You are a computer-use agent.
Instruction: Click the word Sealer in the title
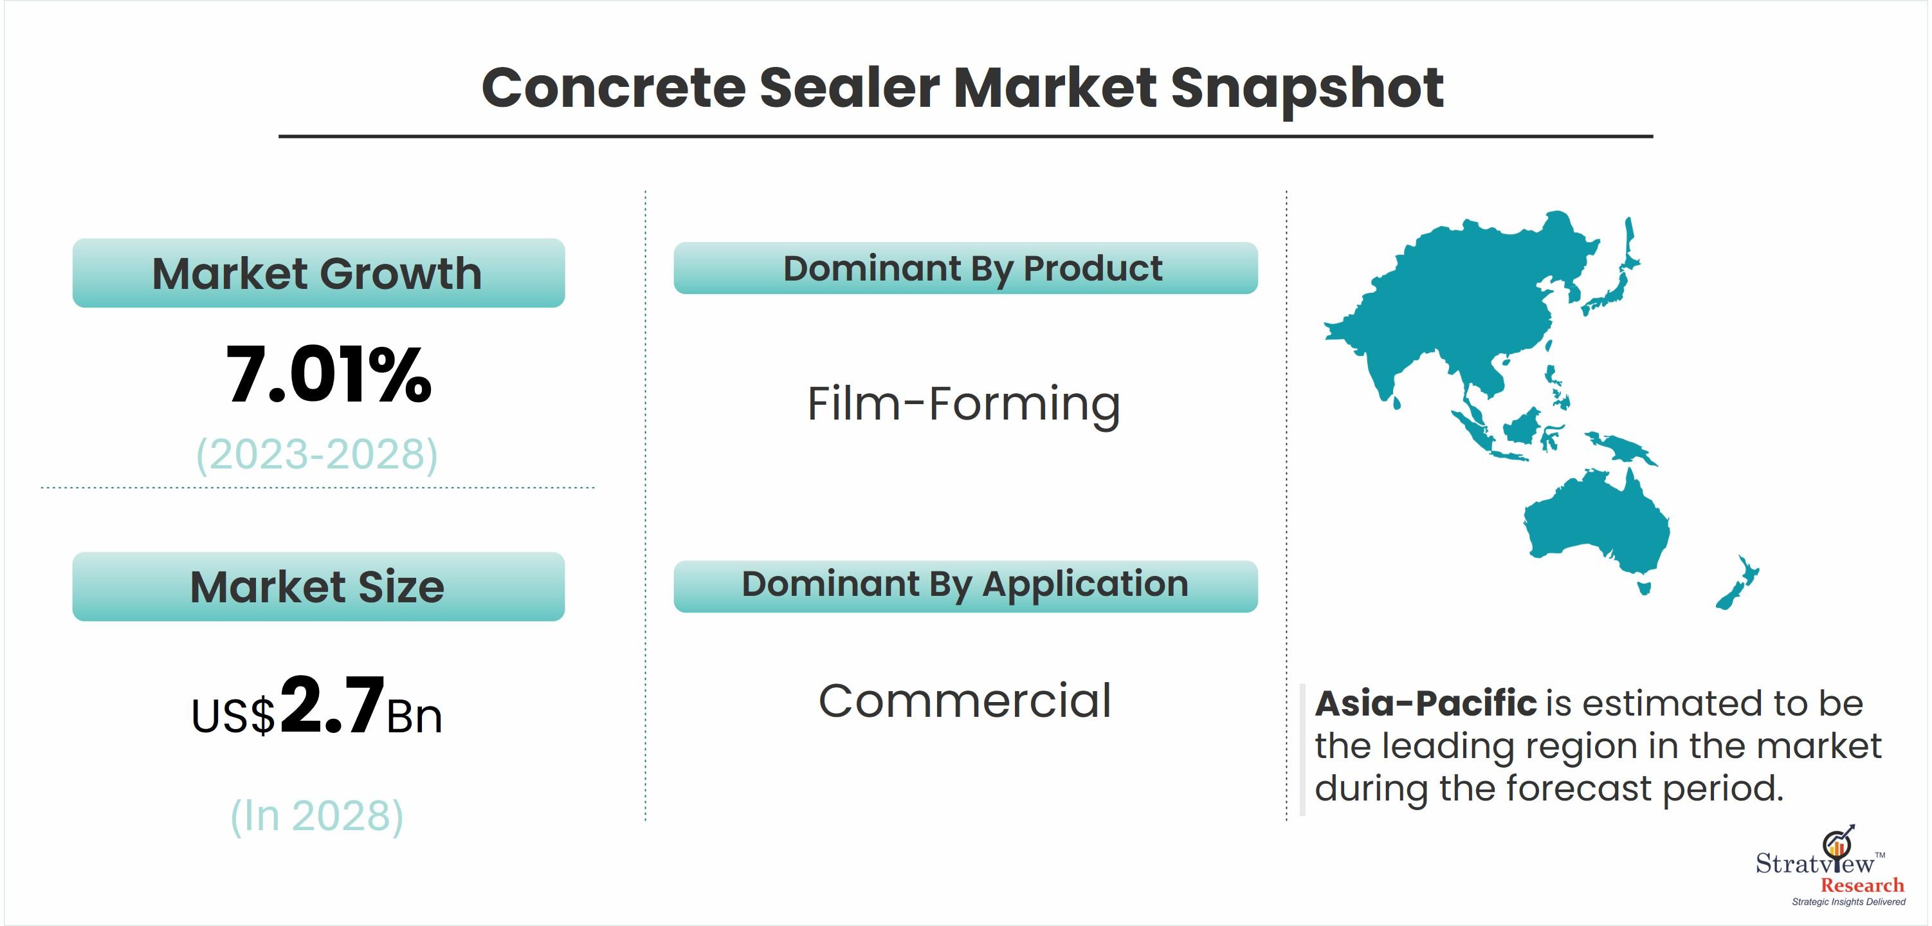click(849, 88)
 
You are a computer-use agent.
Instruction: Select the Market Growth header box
click(318, 272)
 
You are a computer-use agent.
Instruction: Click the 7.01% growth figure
click(329, 375)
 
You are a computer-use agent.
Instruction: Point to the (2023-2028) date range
click(317, 454)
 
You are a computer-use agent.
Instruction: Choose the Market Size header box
click(318, 586)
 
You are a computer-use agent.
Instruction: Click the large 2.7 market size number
click(331, 705)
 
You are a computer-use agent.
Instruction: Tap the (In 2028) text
click(316, 816)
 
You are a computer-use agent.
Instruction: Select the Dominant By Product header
click(965, 268)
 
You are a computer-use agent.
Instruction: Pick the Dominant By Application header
click(965, 586)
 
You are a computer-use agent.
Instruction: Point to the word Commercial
click(965, 701)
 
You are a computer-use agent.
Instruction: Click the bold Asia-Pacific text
click(1426, 704)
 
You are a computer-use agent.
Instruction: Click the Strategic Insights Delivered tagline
click(1848, 902)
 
